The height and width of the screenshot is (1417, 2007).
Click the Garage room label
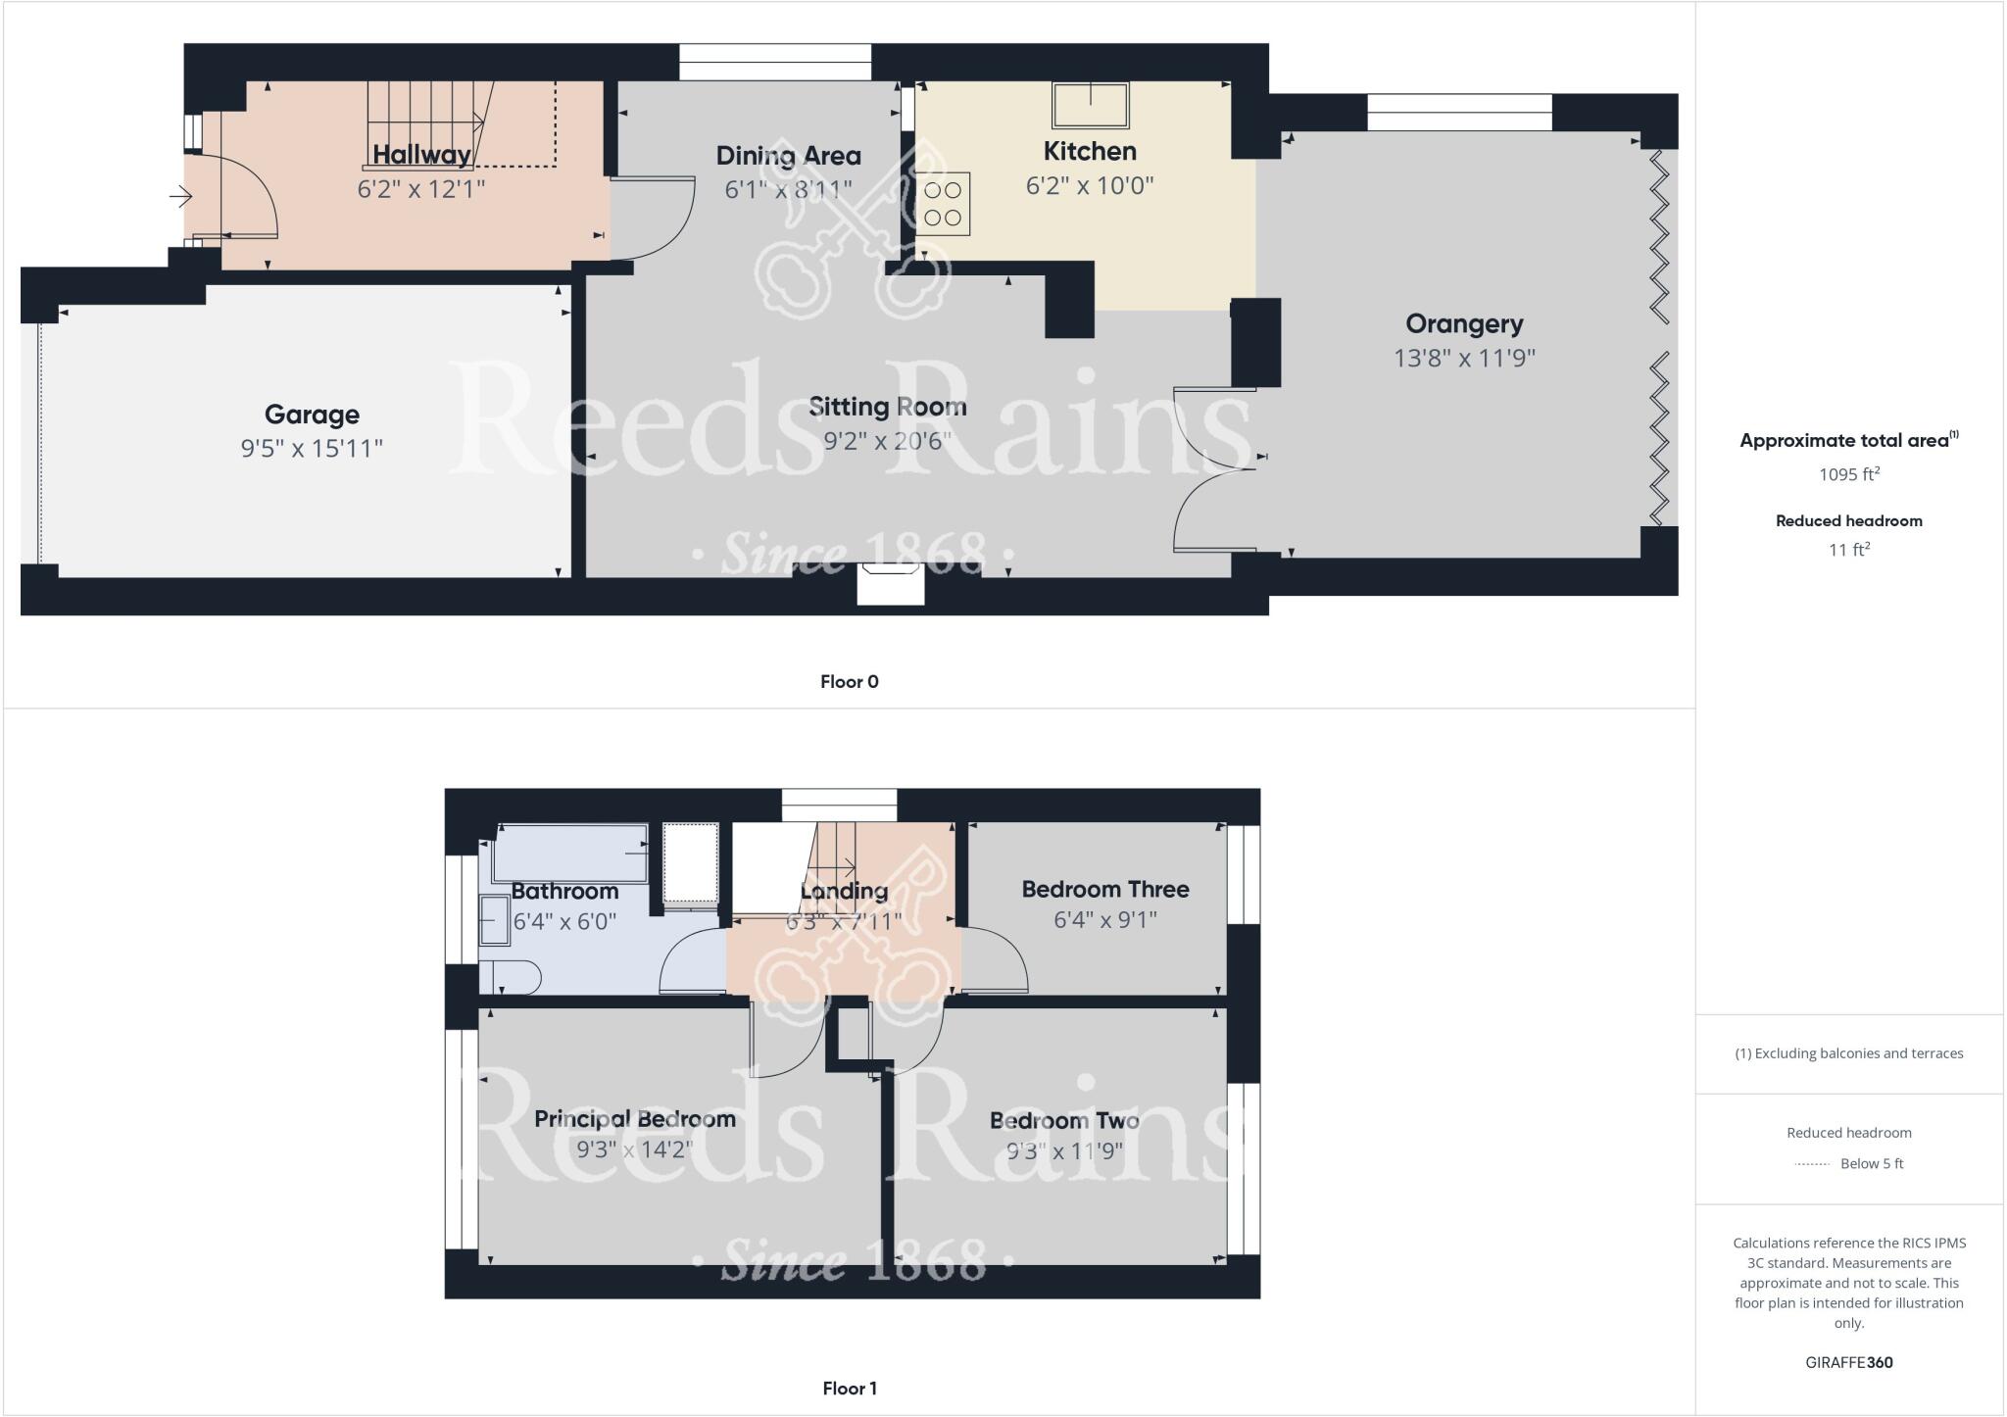click(312, 415)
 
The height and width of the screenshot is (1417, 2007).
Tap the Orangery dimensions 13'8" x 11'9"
click(1464, 359)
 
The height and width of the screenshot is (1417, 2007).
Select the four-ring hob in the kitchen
click(943, 204)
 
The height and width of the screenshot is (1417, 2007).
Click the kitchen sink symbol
click(1090, 105)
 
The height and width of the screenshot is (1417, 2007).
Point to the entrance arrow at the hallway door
click(181, 198)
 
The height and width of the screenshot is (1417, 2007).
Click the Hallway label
click(421, 155)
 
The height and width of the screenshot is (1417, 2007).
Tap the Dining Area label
click(788, 156)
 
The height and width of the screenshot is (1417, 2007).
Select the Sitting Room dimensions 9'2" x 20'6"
click(887, 441)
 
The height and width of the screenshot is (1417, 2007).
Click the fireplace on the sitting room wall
click(891, 584)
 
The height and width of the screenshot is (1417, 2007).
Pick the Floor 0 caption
click(849, 682)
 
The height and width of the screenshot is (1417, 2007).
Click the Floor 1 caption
click(849, 1389)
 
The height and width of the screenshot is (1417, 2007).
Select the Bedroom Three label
click(1104, 889)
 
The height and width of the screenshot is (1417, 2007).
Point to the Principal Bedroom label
click(634, 1119)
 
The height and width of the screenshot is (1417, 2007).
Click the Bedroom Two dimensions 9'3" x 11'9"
click(1064, 1150)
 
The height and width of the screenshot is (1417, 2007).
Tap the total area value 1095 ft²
click(1848, 474)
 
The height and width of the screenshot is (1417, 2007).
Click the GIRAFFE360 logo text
click(1848, 1362)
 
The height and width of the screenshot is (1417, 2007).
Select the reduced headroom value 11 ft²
click(1848, 550)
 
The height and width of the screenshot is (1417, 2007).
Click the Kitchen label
click(1090, 152)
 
